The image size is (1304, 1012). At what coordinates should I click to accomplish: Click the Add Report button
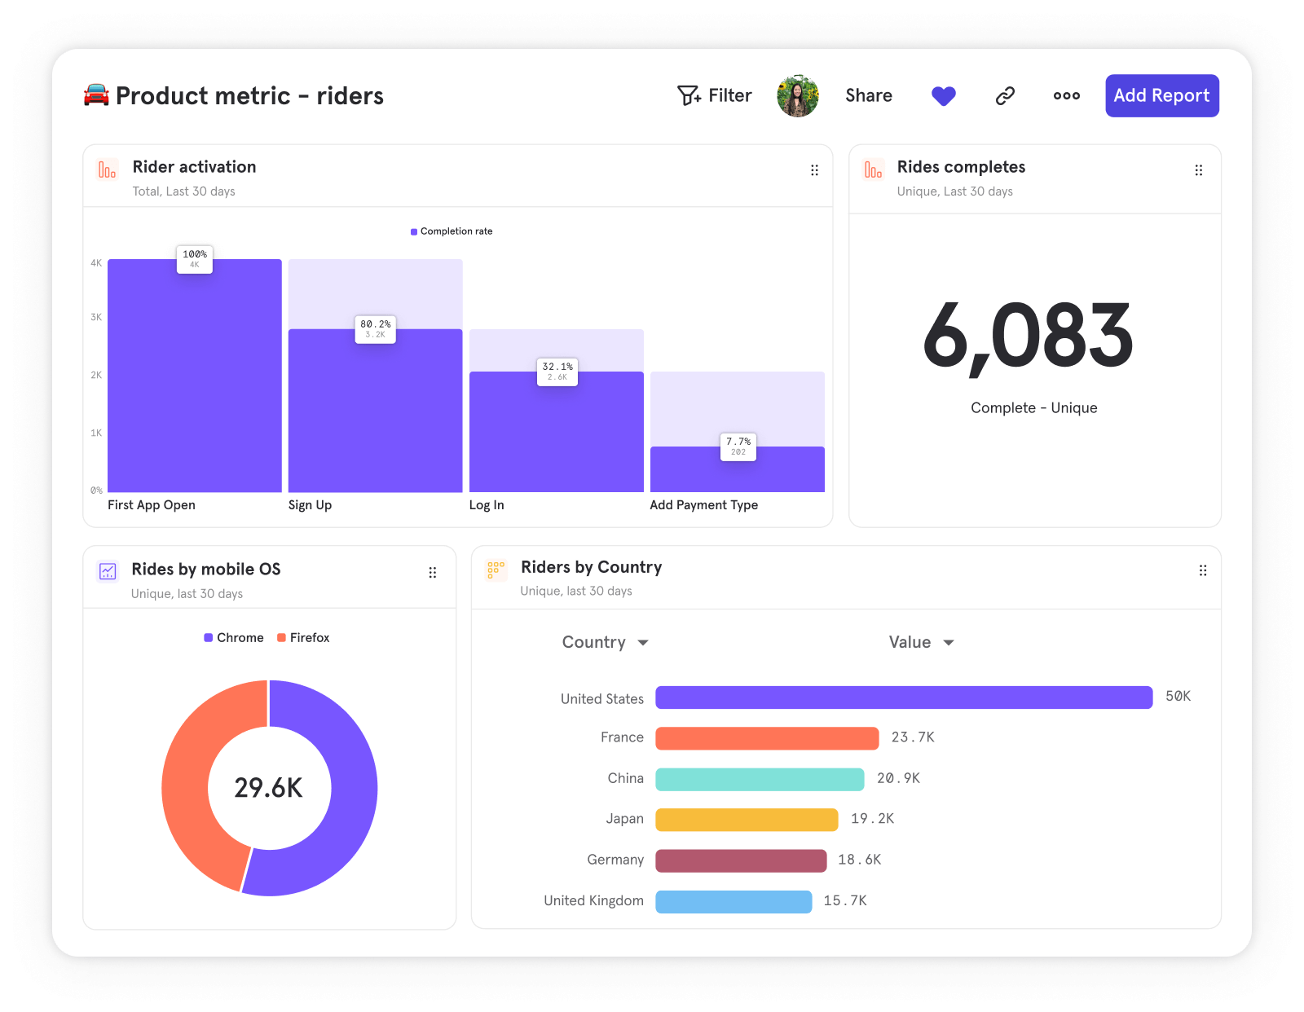1161,95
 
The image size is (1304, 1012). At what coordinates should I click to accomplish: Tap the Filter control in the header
714,95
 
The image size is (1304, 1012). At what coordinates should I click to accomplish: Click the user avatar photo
797,96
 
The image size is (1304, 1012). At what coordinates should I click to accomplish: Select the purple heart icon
943,96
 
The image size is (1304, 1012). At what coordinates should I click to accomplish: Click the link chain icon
1005,96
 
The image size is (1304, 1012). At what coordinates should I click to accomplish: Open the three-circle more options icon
1066,96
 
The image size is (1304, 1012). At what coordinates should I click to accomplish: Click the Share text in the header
868,95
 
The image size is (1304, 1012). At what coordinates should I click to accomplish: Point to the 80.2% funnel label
375,328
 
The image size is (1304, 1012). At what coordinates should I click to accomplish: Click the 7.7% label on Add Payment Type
738,447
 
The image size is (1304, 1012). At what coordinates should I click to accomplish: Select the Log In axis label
487,505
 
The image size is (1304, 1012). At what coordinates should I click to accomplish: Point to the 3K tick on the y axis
96,317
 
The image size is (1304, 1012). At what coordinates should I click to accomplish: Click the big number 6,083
1028,336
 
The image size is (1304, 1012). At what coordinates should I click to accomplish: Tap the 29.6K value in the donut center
268,788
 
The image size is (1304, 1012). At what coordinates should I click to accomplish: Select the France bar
767,738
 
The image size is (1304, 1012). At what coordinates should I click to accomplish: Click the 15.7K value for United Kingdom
844,900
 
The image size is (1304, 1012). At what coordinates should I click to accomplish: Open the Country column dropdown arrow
643,643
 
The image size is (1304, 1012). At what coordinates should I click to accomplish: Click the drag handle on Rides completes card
1198,170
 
